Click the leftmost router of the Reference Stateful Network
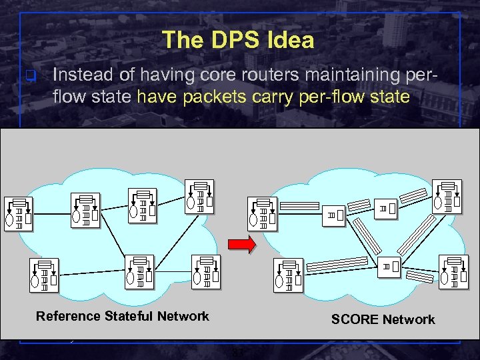tap(18, 214)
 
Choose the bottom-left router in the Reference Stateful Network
tap(44, 276)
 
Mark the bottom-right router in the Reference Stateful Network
tap(205, 272)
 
